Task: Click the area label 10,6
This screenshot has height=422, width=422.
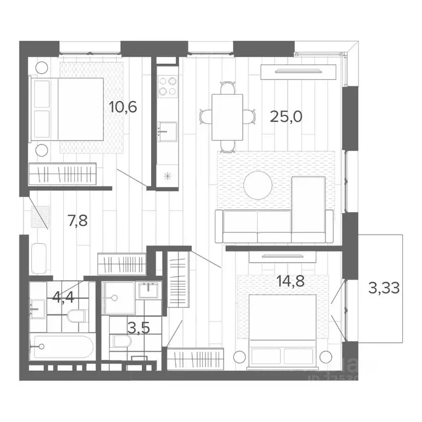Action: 123,107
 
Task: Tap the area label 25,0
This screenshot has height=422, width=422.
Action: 286,116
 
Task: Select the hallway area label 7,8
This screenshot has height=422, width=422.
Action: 76,221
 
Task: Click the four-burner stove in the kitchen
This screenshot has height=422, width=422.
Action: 168,86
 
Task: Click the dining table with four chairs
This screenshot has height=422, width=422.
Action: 227,116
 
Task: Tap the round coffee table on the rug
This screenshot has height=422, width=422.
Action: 258,185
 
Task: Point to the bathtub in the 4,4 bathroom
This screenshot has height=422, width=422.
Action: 62,347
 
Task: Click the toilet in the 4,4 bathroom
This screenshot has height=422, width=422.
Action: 76,316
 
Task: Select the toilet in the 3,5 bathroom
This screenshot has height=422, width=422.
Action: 121,342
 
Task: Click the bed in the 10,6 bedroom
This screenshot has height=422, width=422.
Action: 67,108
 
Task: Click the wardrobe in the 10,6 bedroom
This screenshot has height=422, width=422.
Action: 63,174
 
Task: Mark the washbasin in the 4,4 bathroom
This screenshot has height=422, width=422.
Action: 38,308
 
